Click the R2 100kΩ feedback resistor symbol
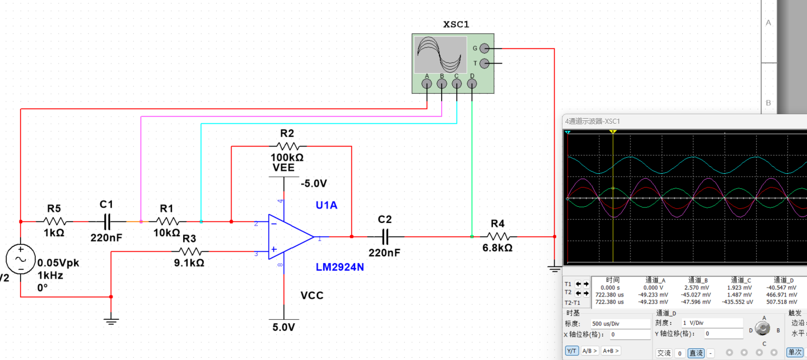pyautogui.click(x=287, y=147)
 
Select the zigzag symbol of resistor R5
pyautogui.click(x=55, y=221)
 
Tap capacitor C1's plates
pyautogui.click(x=106, y=222)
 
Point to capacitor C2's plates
pyautogui.click(x=385, y=237)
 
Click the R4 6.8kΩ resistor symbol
pyautogui.click(x=498, y=236)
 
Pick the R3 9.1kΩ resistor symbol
pyautogui.click(x=190, y=251)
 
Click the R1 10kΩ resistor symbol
pyautogui.click(x=167, y=221)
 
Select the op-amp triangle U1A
pyautogui.click(x=291, y=237)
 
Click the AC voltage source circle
pyautogui.click(x=21, y=259)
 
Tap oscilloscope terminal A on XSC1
pyautogui.click(x=427, y=84)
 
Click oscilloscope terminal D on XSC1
pyautogui.click(x=472, y=84)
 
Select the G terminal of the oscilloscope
pyautogui.click(x=485, y=48)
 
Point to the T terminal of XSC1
pyautogui.click(x=485, y=64)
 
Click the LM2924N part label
pyautogui.click(x=340, y=267)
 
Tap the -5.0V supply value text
pyautogui.click(x=314, y=183)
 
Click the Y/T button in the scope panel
pyautogui.click(x=572, y=351)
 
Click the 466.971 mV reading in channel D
pyautogui.click(x=781, y=295)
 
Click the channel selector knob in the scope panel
pyautogui.click(x=762, y=329)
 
